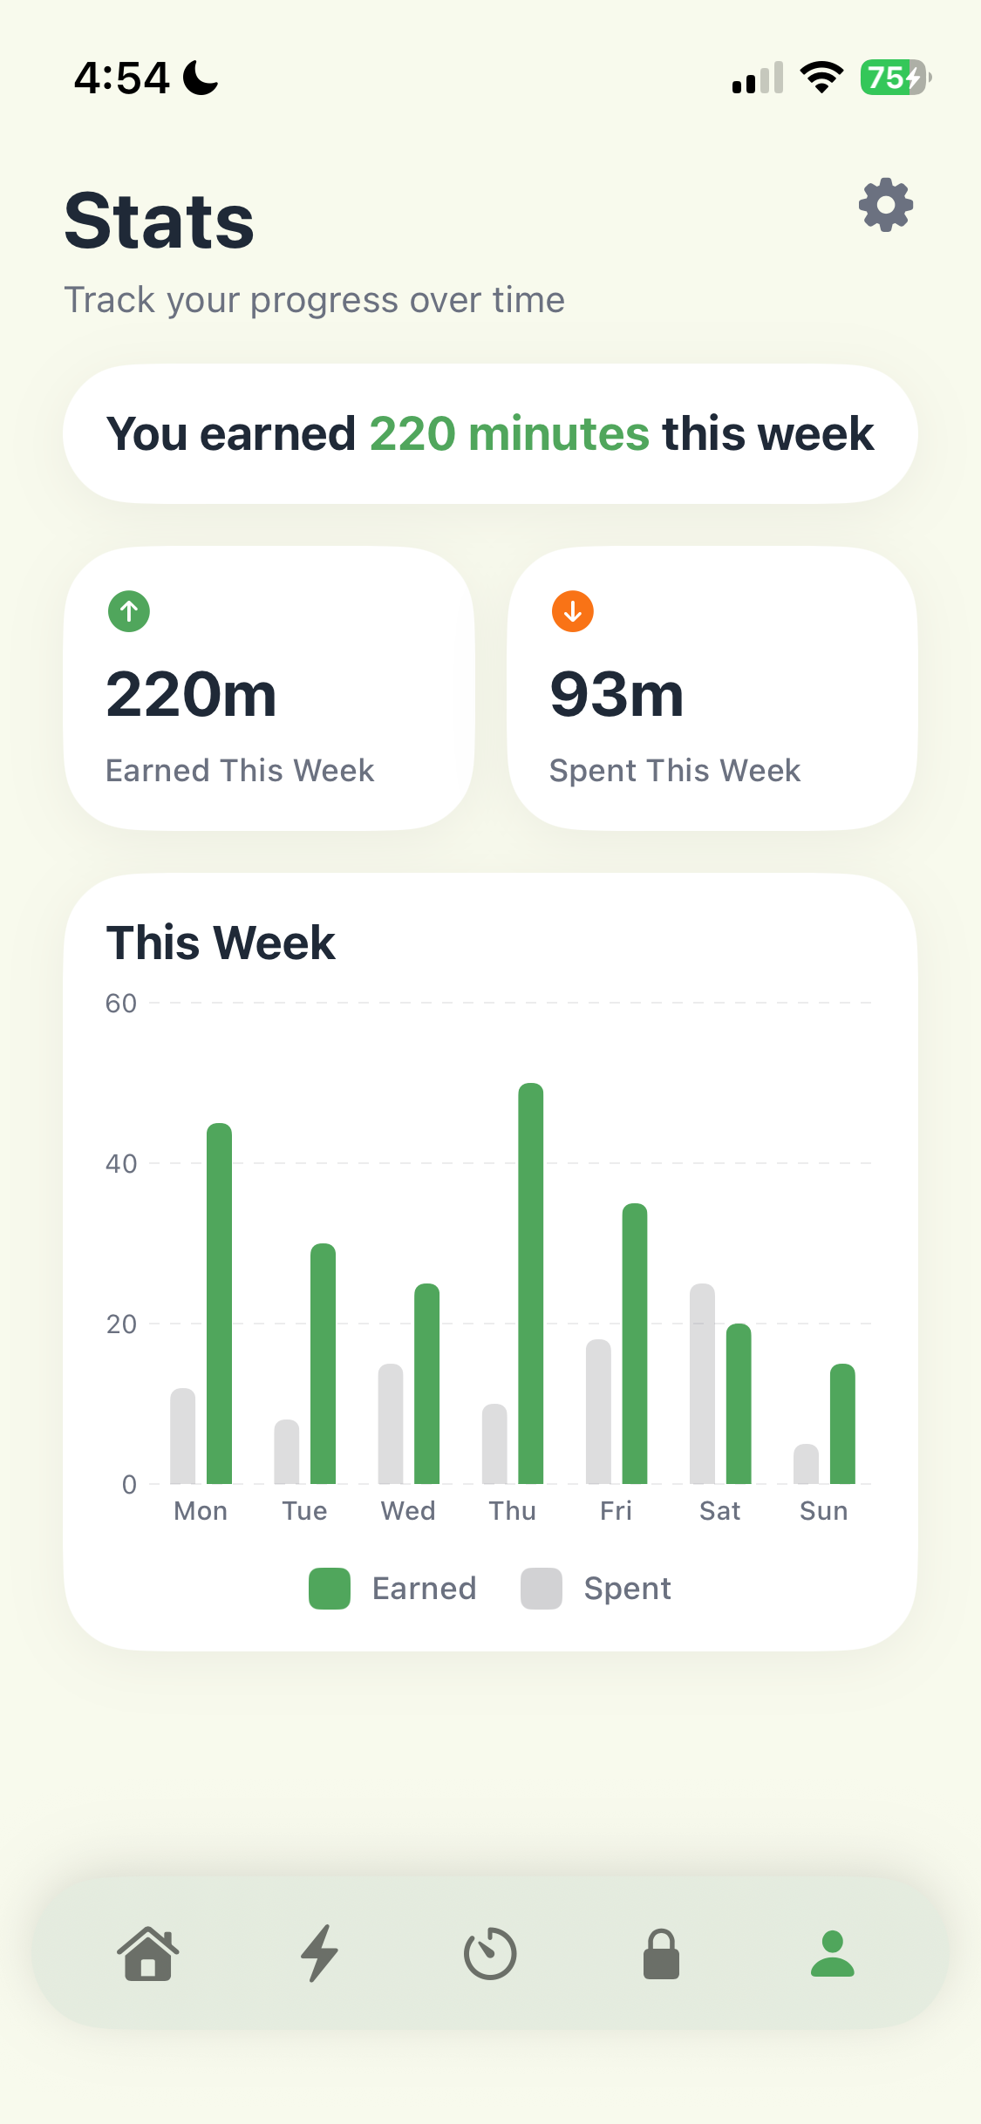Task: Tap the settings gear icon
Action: [886, 206]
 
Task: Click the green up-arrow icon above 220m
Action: [129, 611]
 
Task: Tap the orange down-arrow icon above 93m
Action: [573, 611]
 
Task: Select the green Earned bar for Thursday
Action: [530, 1283]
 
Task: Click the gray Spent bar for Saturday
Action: [702, 1384]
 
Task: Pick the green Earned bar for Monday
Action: [219, 1304]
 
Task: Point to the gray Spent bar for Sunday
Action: [806, 1464]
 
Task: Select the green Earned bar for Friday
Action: [634, 1344]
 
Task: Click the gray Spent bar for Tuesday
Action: [286, 1452]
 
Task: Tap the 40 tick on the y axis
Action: [121, 1164]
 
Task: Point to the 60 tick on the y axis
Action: [121, 1004]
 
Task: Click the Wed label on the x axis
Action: [408, 1511]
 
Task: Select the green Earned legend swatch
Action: [330, 1589]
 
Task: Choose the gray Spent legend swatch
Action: [542, 1589]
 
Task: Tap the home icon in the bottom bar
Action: [148, 1954]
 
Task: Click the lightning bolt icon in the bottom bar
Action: [319, 1954]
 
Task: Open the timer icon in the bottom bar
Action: [490, 1954]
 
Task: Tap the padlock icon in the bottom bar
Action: [661, 1954]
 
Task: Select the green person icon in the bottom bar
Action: [832, 1954]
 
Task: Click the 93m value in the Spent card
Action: [617, 695]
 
